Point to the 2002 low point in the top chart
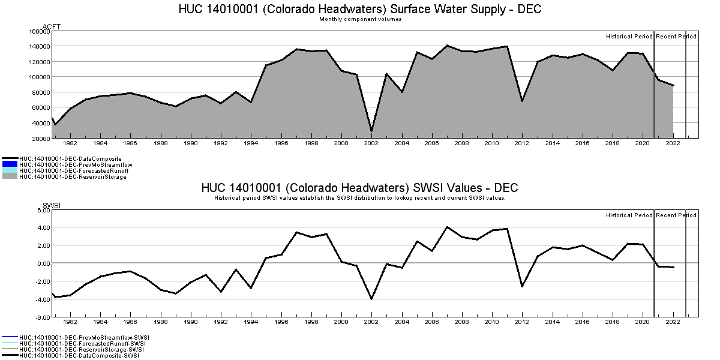[x=371, y=131]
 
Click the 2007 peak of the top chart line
[x=447, y=46]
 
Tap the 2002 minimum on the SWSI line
[x=371, y=299]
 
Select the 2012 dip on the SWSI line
[x=522, y=286]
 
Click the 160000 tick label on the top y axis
[x=38, y=31]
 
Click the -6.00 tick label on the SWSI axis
[x=41, y=317]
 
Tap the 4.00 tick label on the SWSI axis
[x=42, y=227]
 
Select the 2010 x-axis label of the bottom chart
[x=492, y=322]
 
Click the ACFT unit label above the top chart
[x=52, y=26]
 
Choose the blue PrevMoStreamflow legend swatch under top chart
[x=10, y=164]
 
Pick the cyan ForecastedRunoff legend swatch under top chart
[x=10, y=170]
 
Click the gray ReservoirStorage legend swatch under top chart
[x=10, y=177]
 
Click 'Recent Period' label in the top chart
[x=676, y=37]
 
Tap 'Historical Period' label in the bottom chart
[x=629, y=215]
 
